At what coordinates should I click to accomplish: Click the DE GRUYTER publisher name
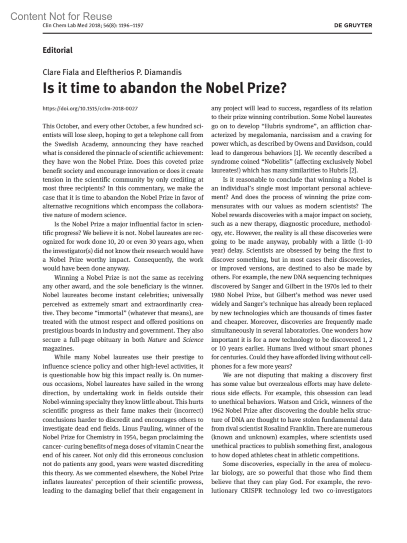pos(353,25)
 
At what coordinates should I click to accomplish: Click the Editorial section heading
pos(57,50)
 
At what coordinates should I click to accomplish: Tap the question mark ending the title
pos(283,88)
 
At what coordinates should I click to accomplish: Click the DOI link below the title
pos(90,109)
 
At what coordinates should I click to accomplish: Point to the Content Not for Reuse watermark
pos(61,16)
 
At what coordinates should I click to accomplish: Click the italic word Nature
pos(157,340)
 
